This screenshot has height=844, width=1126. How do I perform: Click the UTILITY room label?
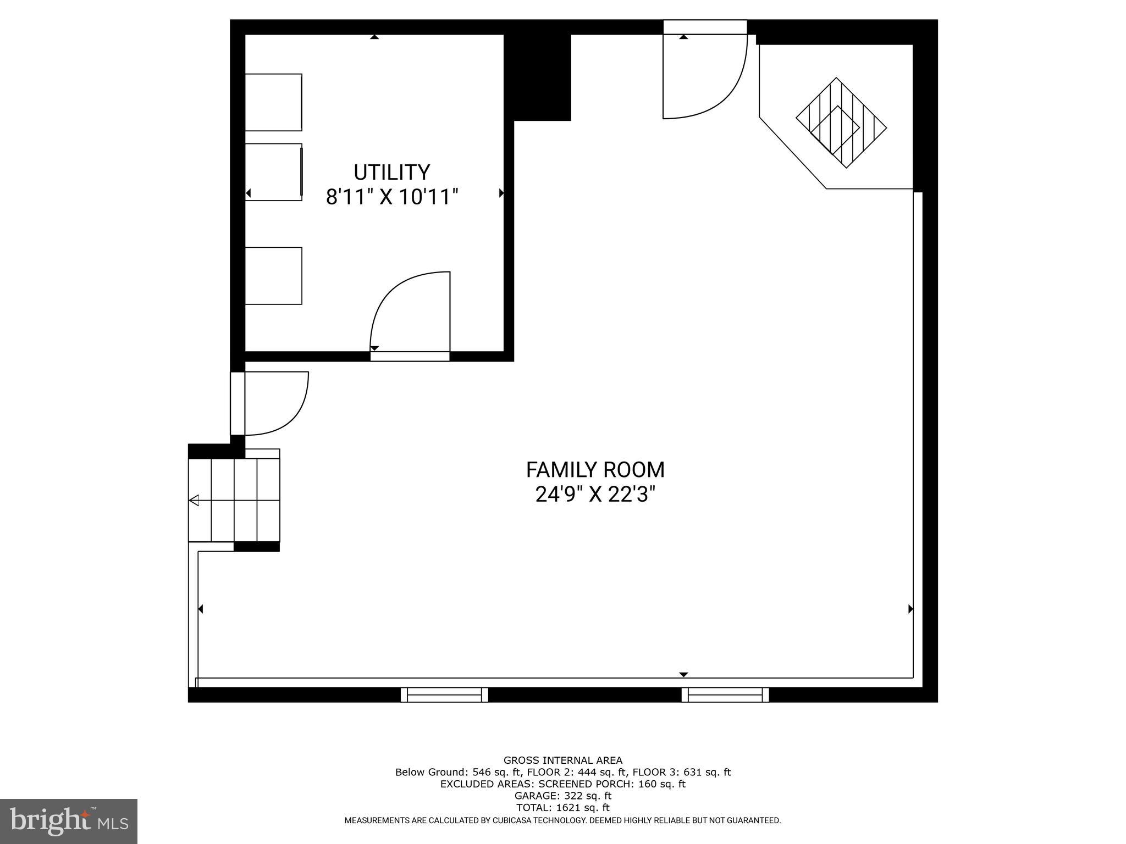[x=391, y=173]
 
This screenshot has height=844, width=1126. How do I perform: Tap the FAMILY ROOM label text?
[x=595, y=470]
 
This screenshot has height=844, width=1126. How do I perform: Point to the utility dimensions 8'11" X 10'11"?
[x=391, y=197]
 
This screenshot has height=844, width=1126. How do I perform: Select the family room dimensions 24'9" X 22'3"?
[x=595, y=495]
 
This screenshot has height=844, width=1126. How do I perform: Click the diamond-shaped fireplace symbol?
[x=841, y=123]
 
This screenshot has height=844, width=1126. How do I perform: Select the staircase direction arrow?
[x=194, y=501]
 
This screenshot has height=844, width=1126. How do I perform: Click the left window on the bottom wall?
[x=444, y=695]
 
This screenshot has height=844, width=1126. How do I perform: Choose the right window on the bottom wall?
[x=725, y=695]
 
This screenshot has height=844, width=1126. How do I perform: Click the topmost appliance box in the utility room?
[x=273, y=102]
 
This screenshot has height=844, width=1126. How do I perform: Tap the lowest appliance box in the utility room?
[x=273, y=276]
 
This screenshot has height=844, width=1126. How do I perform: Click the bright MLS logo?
[x=69, y=821]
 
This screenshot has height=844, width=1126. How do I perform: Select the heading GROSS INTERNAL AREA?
[x=563, y=760]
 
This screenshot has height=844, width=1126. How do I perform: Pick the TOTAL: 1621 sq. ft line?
[x=563, y=808]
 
